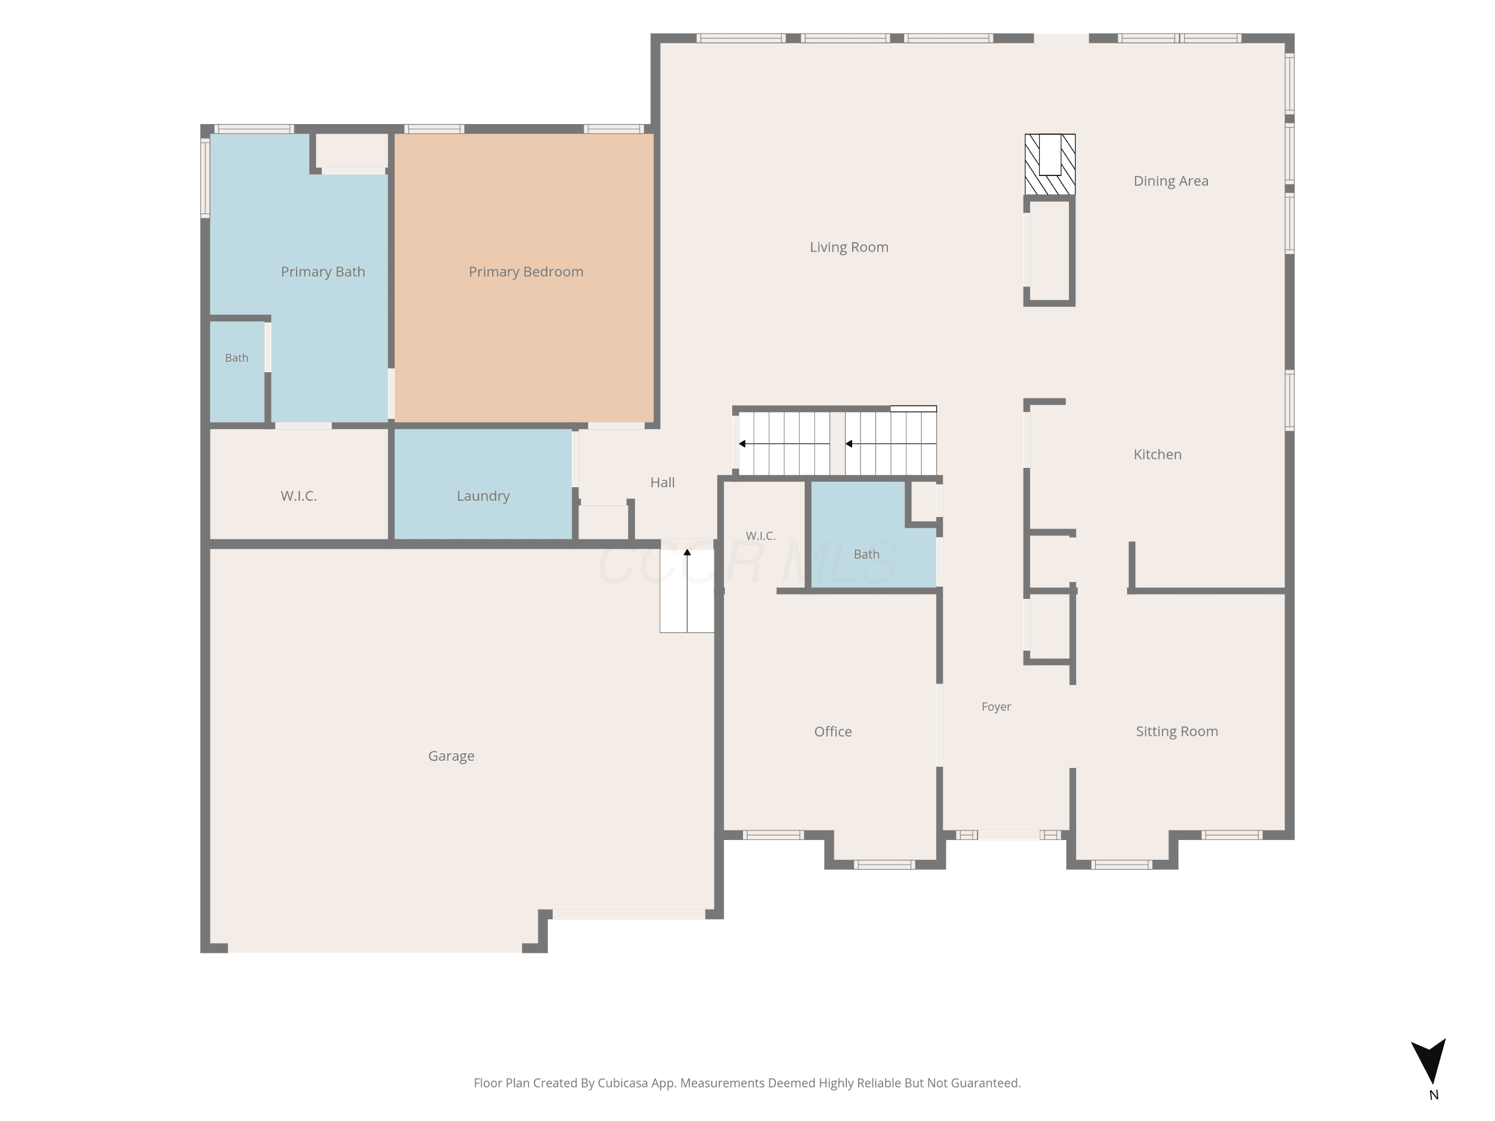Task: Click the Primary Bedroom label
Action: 526,272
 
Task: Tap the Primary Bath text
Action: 323,272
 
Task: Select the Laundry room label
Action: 483,496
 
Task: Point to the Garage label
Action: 451,756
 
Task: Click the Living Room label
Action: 849,247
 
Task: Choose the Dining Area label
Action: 1171,181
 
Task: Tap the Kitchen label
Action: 1158,455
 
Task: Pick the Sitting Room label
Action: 1178,732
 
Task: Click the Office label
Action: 833,732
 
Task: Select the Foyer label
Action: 996,707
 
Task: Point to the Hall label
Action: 662,482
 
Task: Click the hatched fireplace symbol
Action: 1049,164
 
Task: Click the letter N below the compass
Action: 1434,1095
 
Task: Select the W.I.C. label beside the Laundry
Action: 299,496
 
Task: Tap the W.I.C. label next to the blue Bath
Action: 761,536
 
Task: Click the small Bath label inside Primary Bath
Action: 237,358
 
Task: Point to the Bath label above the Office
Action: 867,555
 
